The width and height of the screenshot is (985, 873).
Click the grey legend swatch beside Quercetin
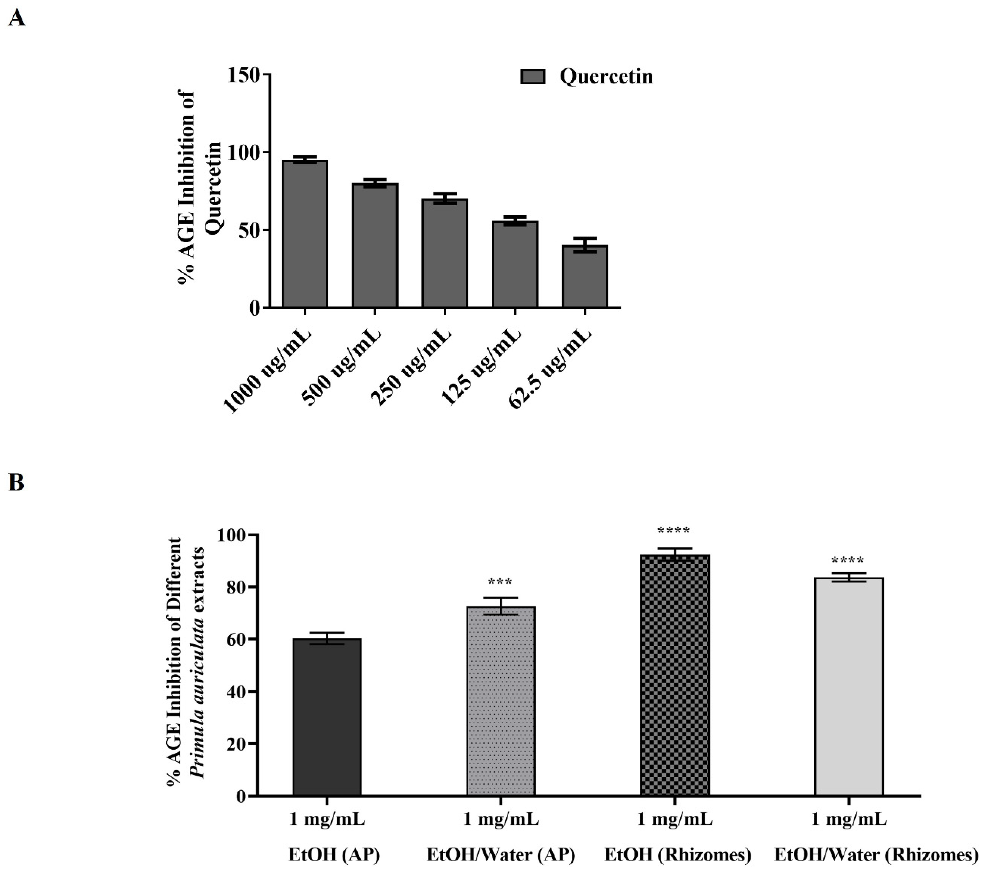point(533,77)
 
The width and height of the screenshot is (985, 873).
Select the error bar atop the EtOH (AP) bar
point(327,638)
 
